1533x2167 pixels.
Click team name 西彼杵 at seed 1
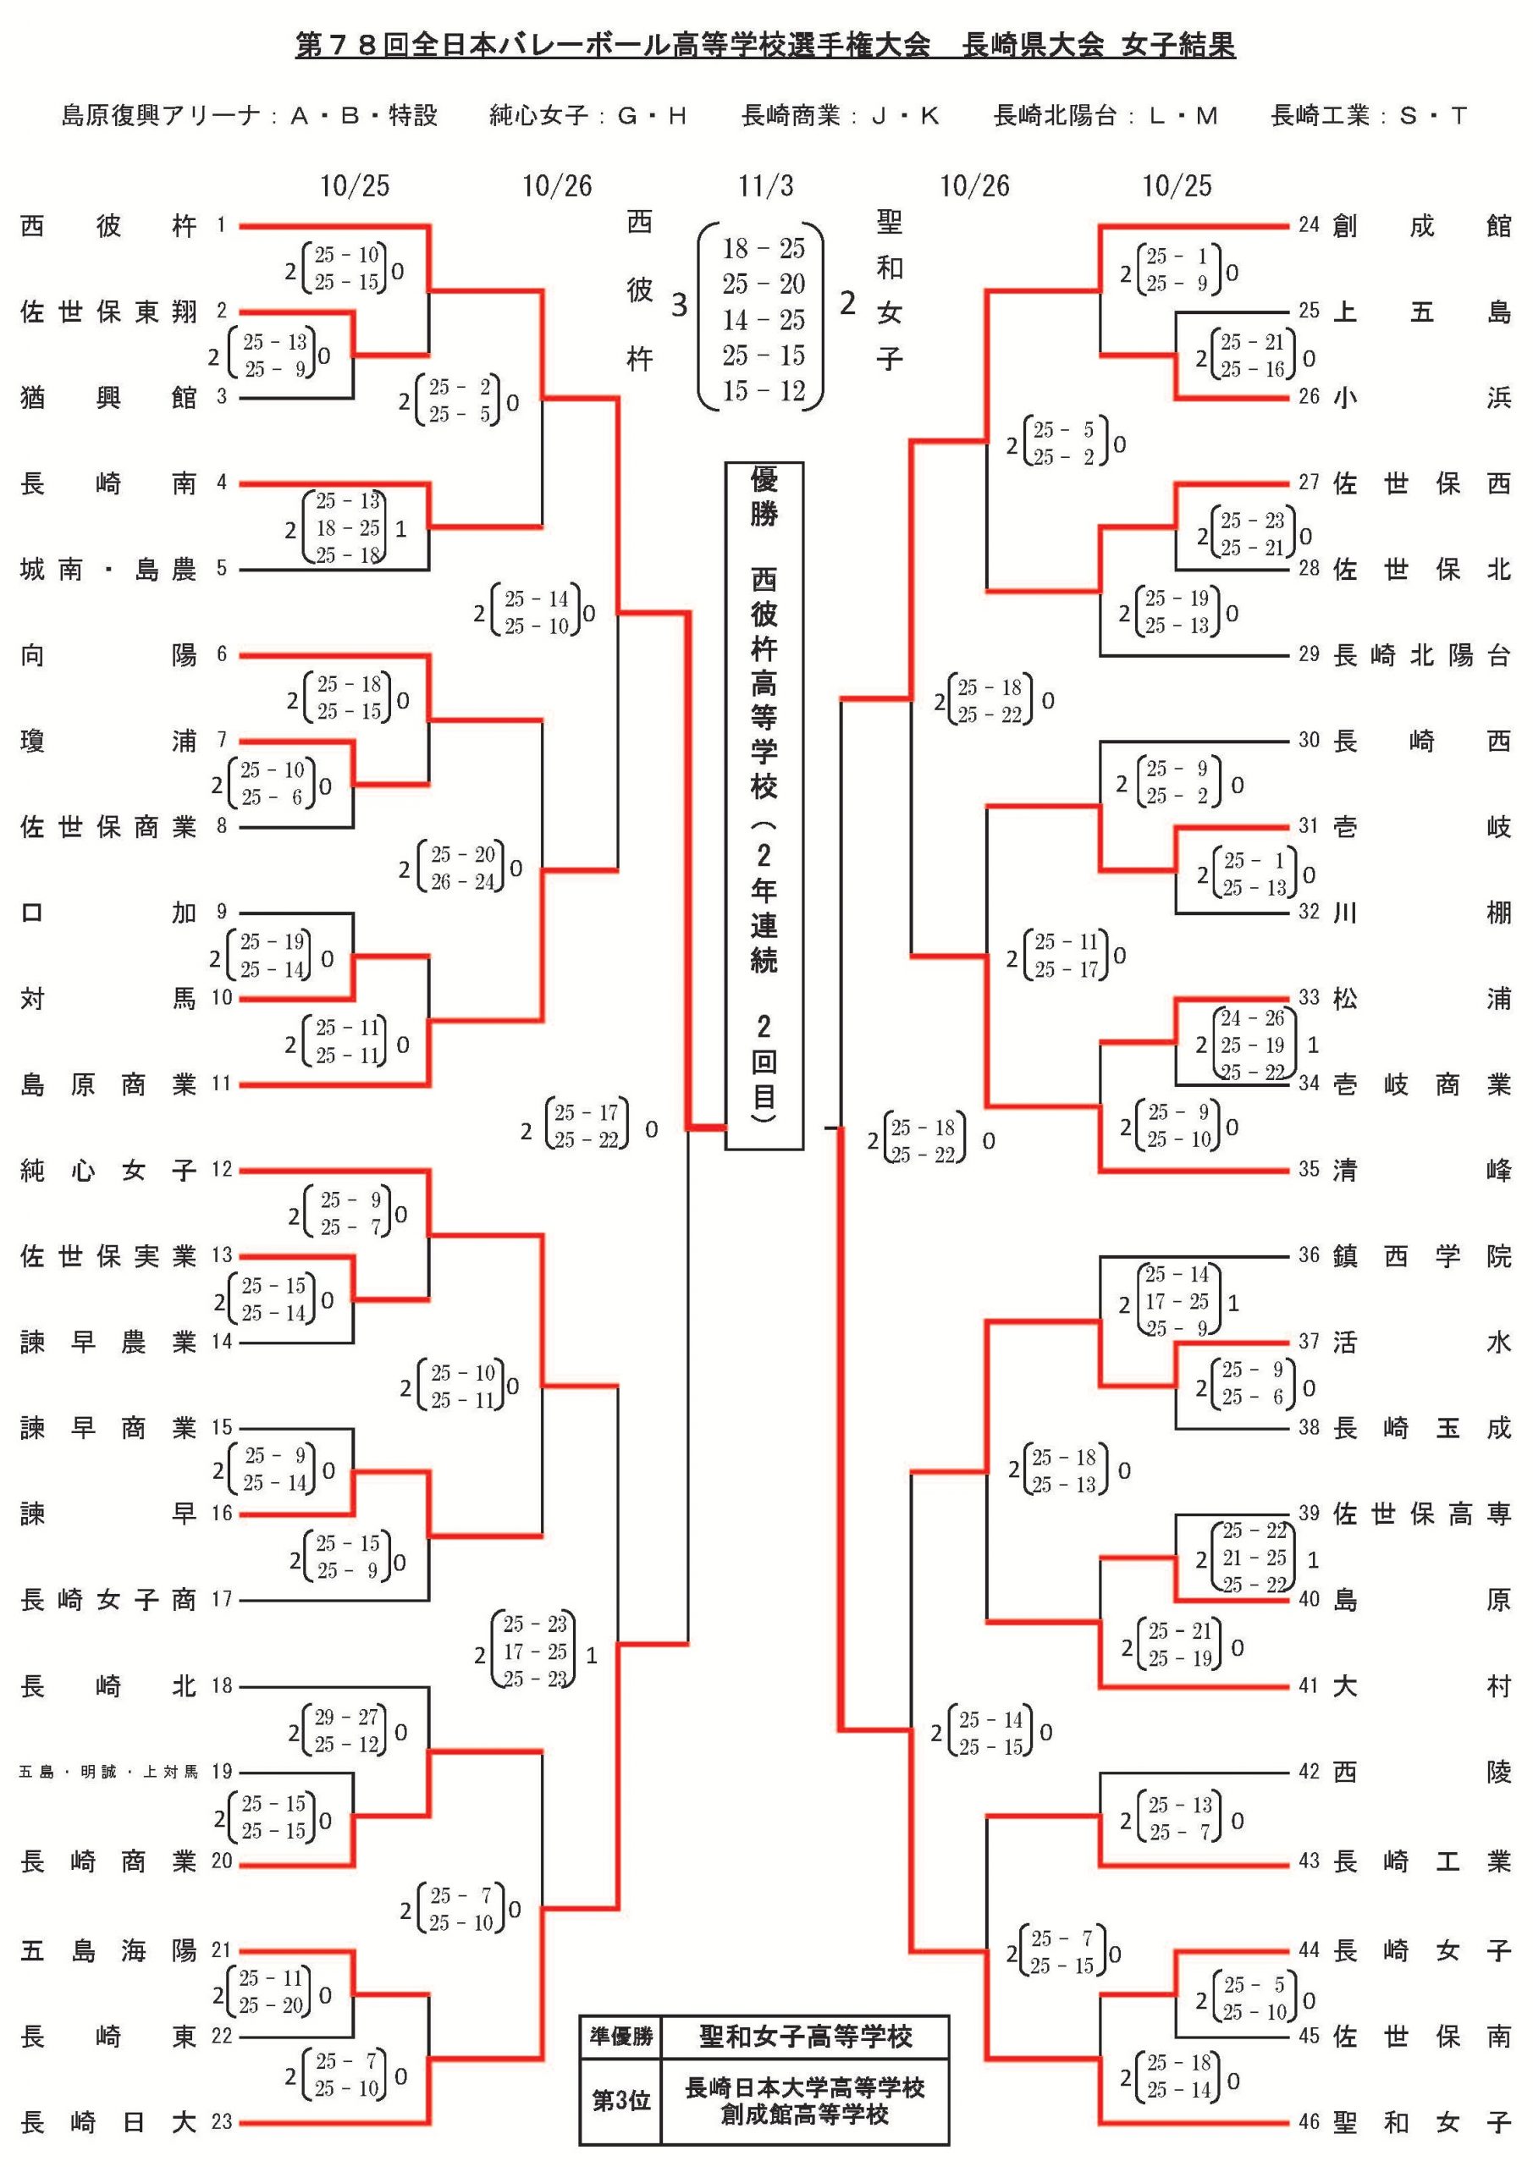click(108, 227)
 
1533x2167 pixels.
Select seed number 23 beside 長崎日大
click(221, 2121)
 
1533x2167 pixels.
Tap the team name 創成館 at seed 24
click(1420, 227)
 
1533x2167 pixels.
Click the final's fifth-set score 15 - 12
click(764, 391)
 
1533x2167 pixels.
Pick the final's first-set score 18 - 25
click(764, 249)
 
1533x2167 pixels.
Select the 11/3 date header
click(764, 186)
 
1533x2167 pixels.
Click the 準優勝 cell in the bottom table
click(621, 2036)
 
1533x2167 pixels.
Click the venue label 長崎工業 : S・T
click(1368, 116)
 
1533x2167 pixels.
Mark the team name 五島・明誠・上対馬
click(108, 1772)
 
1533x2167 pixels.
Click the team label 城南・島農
click(108, 569)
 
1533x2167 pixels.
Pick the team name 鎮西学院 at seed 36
click(1420, 1256)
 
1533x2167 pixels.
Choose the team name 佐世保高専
click(1420, 1514)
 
